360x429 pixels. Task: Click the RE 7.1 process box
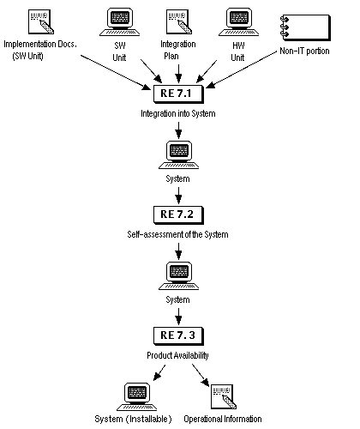[178, 91]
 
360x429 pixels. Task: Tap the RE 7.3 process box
[178, 335]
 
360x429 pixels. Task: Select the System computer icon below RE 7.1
[178, 154]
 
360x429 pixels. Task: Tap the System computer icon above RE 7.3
[178, 275]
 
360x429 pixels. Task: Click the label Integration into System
[178, 112]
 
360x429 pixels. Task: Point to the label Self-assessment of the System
[178, 234]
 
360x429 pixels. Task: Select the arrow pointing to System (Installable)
[155, 373]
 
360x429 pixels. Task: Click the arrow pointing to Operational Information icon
[201, 373]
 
